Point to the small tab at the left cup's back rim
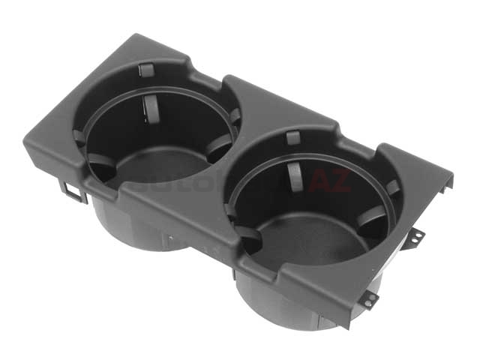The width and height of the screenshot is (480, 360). [146, 70]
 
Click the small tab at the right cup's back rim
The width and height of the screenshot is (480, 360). [292, 137]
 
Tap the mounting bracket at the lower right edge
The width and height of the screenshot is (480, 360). [370, 298]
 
